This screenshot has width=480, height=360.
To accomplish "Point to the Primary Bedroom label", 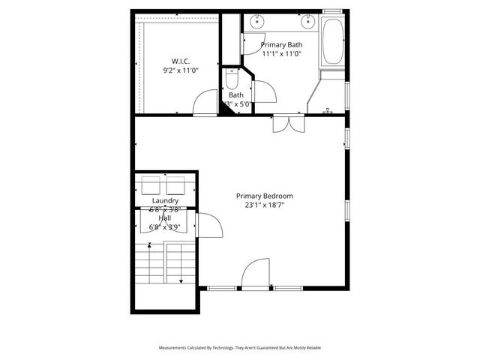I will (x=265, y=195).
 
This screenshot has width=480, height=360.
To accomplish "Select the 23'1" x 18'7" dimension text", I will (x=265, y=205).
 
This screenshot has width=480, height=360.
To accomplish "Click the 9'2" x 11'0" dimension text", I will (x=179, y=70).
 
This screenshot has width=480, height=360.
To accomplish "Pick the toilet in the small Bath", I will (x=231, y=78).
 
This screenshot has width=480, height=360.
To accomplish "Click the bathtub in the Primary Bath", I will (x=332, y=43).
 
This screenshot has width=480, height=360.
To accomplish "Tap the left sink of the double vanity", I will (x=256, y=20).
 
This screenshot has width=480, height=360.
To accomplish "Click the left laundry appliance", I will (x=149, y=185).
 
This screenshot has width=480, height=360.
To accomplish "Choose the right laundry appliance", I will (x=176, y=185).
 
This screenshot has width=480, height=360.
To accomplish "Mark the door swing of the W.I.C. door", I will (x=204, y=103).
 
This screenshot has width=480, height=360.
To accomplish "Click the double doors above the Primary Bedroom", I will (x=288, y=124).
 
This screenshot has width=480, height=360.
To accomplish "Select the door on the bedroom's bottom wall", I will (x=256, y=273).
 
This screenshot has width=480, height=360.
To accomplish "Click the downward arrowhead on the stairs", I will (x=181, y=281).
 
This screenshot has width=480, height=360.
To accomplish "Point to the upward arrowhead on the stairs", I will (x=150, y=244).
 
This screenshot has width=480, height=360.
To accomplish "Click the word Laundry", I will (x=164, y=201).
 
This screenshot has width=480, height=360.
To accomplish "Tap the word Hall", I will (x=164, y=217).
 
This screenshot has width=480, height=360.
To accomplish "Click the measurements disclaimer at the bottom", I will (x=239, y=348).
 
